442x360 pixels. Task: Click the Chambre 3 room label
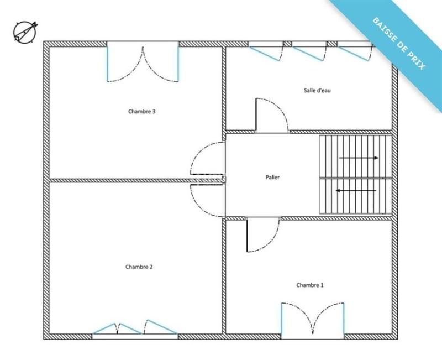(141, 111)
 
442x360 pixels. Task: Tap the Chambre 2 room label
(139, 267)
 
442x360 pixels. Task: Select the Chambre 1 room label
(310, 285)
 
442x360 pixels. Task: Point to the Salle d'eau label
(317, 90)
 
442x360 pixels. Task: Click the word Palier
(272, 178)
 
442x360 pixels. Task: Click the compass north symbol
(24, 32)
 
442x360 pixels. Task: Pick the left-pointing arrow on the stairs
(357, 191)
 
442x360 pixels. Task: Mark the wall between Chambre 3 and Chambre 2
(119, 180)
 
